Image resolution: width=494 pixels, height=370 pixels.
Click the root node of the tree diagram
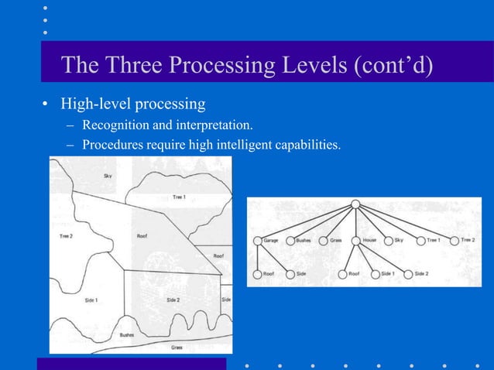pyautogui.click(x=355, y=204)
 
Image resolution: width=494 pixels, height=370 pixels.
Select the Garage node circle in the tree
pyautogui.click(x=257, y=241)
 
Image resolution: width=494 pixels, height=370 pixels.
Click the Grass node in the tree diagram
pyautogui.click(x=323, y=241)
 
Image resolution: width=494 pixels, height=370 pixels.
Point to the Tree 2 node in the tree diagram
pyautogui.click(x=454, y=241)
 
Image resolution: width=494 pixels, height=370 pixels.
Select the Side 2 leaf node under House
pyautogui.click(x=408, y=274)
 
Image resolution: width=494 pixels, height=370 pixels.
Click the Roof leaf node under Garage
pyautogui.click(x=257, y=274)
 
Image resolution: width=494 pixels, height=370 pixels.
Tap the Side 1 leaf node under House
pyautogui.click(x=375, y=274)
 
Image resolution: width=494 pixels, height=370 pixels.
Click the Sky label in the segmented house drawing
pyautogui.click(x=108, y=176)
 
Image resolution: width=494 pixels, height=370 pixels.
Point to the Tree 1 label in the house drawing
pyautogui.click(x=179, y=197)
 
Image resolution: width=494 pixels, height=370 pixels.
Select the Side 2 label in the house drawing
pyautogui.click(x=173, y=299)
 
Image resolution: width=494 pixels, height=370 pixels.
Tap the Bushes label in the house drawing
pyautogui.click(x=126, y=334)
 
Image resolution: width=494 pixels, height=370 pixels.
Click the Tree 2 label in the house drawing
pyautogui.click(x=66, y=235)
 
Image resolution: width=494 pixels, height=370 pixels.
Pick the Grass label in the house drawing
pyautogui.click(x=177, y=348)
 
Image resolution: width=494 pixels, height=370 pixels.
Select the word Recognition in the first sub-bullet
pyautogui.click(x=115, y=125)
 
